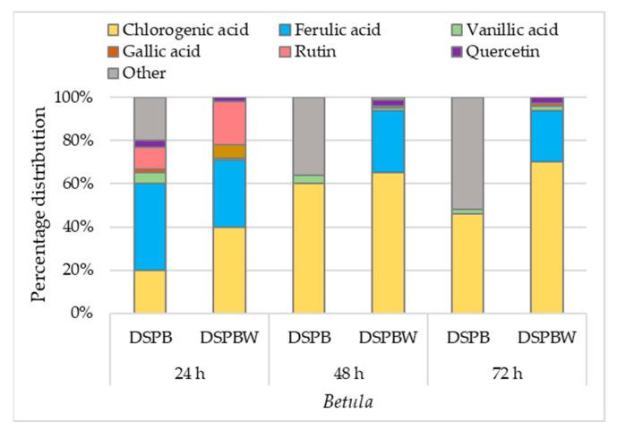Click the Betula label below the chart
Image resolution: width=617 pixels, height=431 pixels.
point(348,401)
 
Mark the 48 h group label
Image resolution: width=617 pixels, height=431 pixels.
point(348,372)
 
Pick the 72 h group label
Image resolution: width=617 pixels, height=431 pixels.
point(507,372)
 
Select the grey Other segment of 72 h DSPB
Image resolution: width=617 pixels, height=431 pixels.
point(467,152)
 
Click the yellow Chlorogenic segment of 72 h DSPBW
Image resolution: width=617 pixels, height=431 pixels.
point(546,237)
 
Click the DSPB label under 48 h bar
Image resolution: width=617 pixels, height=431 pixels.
point(309,340)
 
